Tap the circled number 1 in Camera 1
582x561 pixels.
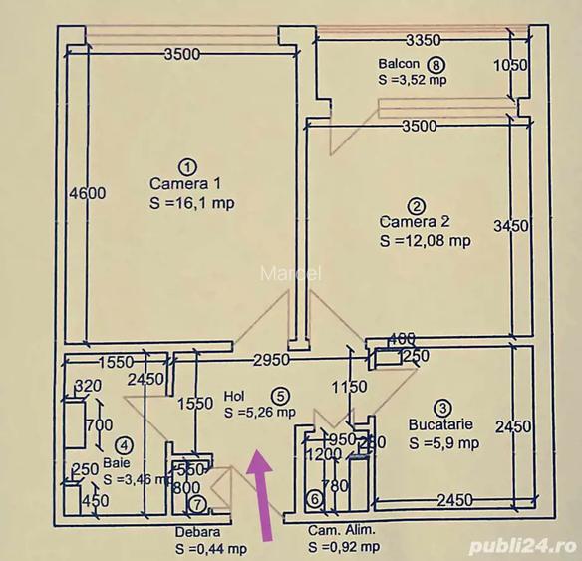click(x=184, y=165)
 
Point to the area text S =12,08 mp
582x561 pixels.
click(x=426, y=240)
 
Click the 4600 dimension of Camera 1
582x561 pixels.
click(x=87, y=194)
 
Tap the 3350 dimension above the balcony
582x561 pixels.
click(x=423, y=41)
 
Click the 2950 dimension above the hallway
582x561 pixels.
click(x=271, y=359)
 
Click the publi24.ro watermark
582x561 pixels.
click(x=537, y=546)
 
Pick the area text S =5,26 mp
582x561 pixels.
click(x=259, y=411)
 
